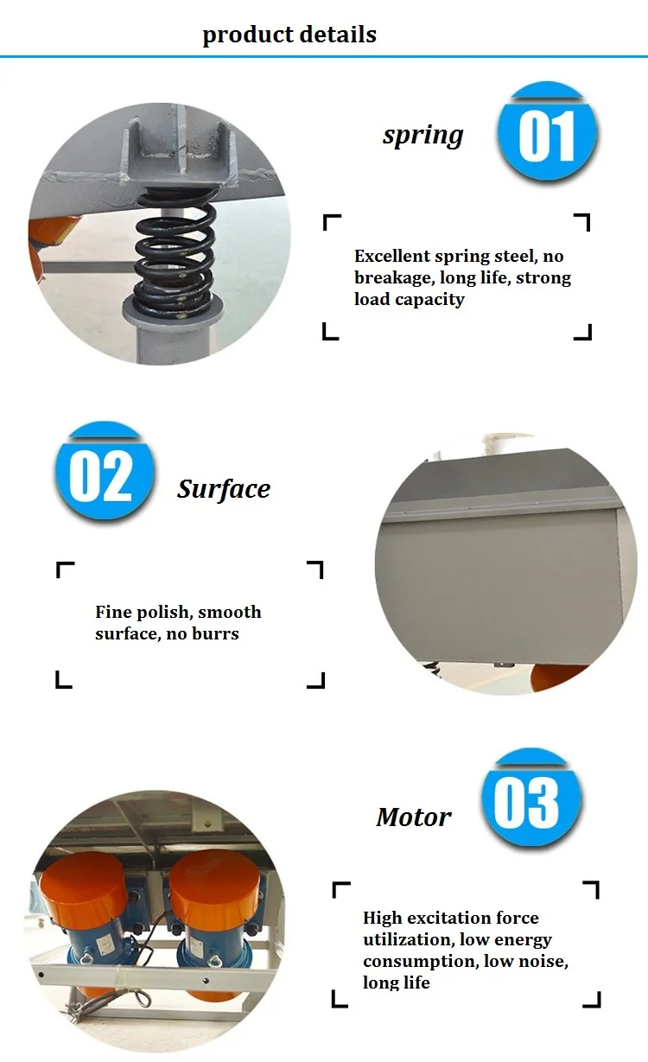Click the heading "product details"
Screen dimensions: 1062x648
(x=289, y=35)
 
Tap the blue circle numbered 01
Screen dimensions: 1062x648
(x=547, y=135)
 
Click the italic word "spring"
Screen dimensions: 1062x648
(x=422, y=135)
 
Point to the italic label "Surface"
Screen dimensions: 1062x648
(x=224, y=489)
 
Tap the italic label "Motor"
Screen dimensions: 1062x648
(x=414, y=817)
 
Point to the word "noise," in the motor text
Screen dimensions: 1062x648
(x=540, y=962)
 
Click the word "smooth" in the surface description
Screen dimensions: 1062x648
(x=230, y=612)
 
